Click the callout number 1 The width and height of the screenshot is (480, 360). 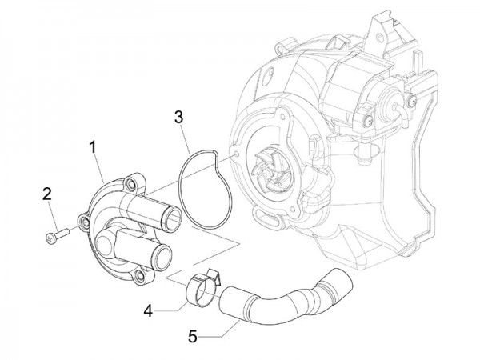coord(93,146)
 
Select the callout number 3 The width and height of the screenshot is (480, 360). coord(181,118)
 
